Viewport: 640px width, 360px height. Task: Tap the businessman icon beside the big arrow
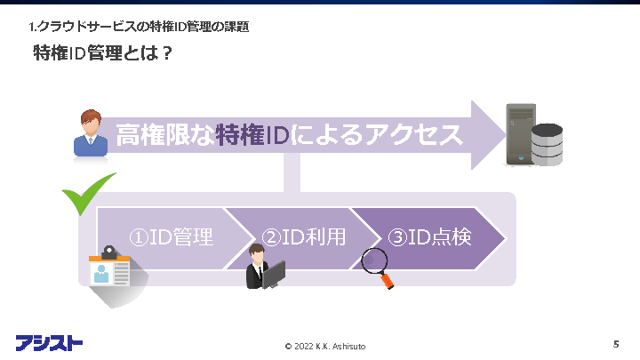click(89, 134)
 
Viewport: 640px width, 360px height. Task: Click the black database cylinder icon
click(547, 145)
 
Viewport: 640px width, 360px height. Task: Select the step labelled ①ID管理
click(171, 238)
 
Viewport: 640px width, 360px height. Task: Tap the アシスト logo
click(49, 342)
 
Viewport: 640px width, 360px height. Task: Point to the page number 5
click(616, 343)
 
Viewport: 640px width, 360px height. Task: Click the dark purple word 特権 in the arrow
click(241, 136)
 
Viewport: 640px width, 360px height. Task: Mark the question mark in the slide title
click(166, 54)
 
